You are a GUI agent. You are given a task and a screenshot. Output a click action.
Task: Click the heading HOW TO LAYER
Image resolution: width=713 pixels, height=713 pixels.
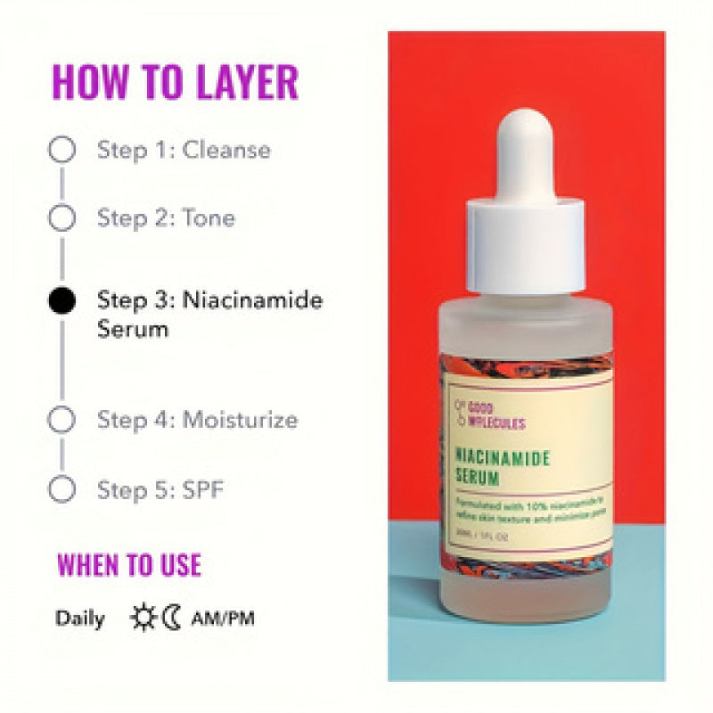(175, 81)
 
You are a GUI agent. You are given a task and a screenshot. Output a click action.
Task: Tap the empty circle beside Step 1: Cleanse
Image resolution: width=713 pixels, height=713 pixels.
(61, 150)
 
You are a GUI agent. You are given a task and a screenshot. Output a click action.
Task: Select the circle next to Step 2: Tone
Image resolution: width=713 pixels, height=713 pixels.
(61, 217)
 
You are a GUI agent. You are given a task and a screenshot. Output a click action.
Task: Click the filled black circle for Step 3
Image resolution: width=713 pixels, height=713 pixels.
(61, 300)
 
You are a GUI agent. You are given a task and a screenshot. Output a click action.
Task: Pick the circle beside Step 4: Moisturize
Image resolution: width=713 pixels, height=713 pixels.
(61, 419)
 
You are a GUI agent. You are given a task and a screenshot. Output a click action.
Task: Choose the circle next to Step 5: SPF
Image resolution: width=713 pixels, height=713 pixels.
(61, 489)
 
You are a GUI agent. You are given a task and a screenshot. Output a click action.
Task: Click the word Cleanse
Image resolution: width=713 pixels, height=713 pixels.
(226, 150)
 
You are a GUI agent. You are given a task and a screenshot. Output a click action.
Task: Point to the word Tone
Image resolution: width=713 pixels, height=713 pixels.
(209, 217)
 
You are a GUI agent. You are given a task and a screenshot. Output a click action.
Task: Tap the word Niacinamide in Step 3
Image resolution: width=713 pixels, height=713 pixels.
(252, 299)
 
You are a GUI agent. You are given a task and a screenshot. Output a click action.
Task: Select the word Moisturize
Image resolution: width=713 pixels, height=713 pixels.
(240, 419)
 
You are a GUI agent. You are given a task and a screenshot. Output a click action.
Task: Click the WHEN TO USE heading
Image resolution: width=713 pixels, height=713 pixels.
(129, 565)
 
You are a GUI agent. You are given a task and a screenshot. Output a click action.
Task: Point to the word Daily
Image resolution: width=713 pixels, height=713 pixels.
(80, 619)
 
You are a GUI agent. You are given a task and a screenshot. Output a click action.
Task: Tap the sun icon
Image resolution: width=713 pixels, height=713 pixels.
(143, 618)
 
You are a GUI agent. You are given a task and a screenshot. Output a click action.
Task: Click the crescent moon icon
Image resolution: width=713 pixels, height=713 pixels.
(171, 618)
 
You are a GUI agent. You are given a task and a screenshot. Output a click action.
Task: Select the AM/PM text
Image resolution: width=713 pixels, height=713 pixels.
(222, 619)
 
